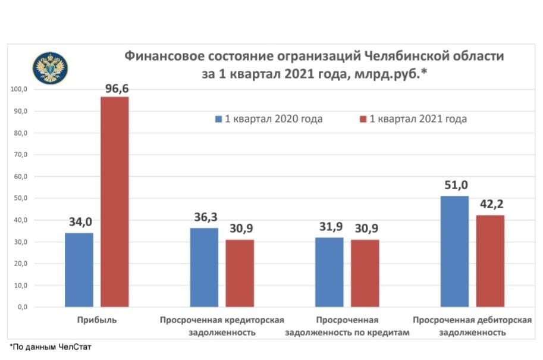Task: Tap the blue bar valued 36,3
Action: (204, 267)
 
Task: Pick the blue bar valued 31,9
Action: (329, 272)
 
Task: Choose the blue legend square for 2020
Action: (218, 119)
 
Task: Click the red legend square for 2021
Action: (363, 119)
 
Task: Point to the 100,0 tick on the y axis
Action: (20, 89)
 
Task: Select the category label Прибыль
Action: (96, 320)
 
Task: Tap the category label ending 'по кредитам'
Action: (347, 326)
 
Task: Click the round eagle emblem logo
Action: (50, 67)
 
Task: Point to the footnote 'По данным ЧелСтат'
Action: (52, 346)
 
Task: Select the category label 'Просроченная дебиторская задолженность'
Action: (472, 326)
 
